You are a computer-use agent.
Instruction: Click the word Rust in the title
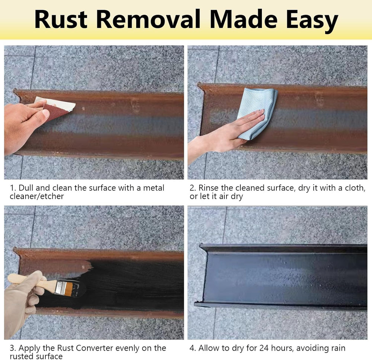[x=61, y=19]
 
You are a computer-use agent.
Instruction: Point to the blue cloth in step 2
[x=257, y=111]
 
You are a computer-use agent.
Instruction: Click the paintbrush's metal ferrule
[x=61, y=288]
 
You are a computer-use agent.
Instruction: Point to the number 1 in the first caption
[x=12, y=188]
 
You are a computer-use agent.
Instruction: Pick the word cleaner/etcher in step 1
[x=37, y=196]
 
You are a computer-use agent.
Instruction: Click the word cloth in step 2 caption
[x=355, y=188]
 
